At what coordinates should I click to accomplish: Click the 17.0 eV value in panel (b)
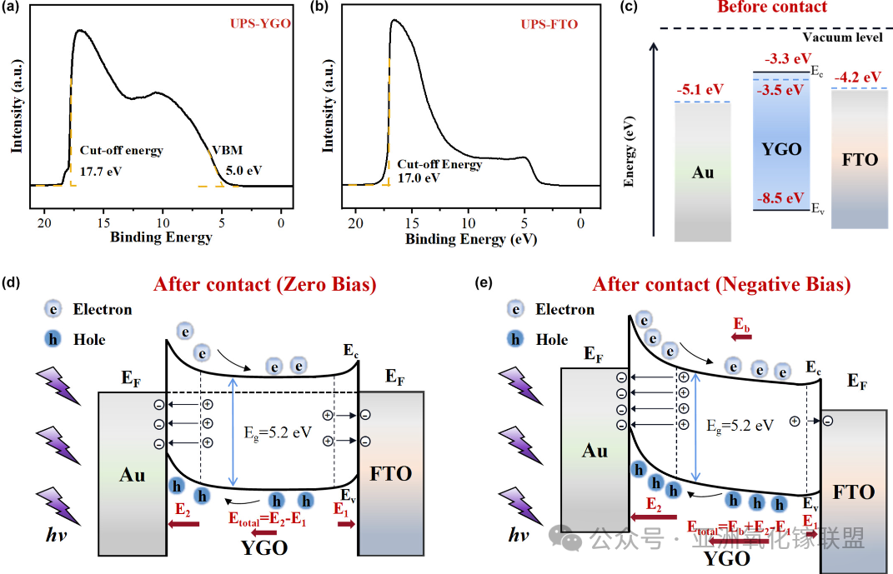click(419, 178)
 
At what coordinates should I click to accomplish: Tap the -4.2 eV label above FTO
click(856, 77)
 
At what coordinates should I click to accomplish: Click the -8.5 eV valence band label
click(780, 198)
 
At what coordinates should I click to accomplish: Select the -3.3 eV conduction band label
click(788, 58)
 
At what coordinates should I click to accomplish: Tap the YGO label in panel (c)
click(781, 149)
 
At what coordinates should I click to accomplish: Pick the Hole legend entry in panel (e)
click(549, 339)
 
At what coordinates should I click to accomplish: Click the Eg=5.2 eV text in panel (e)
click(739, 425)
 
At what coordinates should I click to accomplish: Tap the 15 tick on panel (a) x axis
click(103, 222)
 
